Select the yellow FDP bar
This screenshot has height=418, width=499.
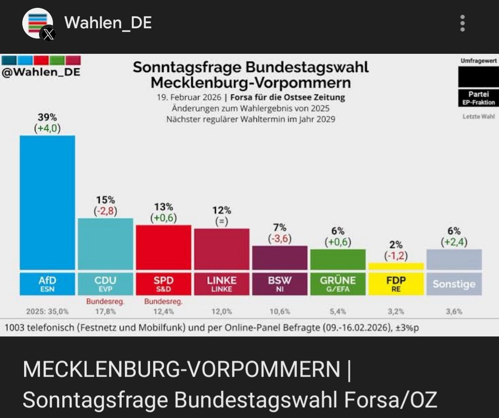(396, 266)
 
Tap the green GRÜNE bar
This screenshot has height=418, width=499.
(337, 259)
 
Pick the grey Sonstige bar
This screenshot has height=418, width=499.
(454, 259)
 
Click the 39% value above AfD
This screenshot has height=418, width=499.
(47, 117)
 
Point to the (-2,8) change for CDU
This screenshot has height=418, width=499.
(105, 211)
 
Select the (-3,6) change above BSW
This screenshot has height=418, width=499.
(280, 238)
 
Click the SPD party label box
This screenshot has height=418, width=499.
(163, 284)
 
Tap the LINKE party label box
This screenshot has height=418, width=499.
(222, 284)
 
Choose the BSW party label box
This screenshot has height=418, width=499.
(280, 284)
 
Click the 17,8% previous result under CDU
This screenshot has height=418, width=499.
(105, 312)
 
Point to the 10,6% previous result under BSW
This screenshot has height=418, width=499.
(280, 312)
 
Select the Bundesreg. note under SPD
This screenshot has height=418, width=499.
(163, 302)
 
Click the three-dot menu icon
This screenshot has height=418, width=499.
(462, 23)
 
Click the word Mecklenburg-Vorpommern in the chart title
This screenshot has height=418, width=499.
(251, 83)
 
